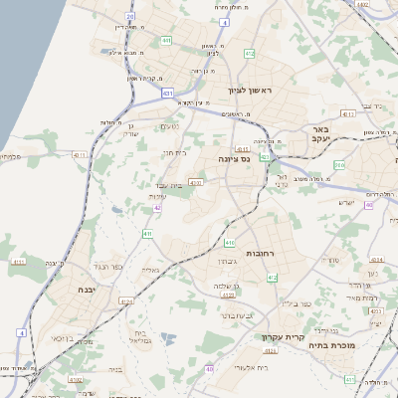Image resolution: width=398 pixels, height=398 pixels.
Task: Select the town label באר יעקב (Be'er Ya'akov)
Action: [x=319, y=134]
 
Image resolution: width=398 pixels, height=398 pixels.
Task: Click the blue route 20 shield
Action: [x=129, y=16]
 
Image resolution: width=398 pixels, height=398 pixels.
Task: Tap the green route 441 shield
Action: [x=165, y=41]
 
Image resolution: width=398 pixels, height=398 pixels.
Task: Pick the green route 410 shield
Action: [x=230, y=242]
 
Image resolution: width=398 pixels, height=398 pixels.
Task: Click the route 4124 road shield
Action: [x=124, y=299]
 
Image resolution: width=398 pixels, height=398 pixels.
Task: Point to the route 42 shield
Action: [x=157, y=207]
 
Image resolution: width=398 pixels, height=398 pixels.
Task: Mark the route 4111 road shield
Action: [x=19, y=262]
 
